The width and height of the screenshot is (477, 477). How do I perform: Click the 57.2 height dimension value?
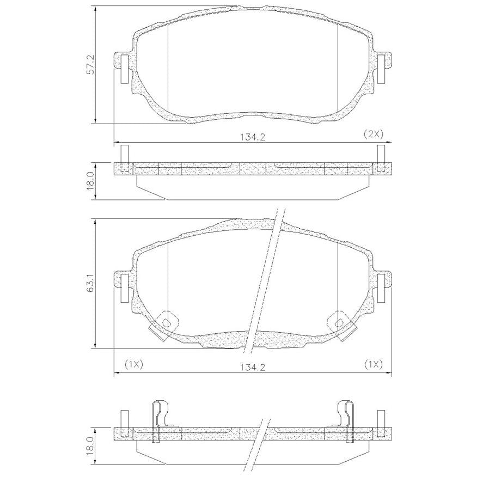(x=91, y=65)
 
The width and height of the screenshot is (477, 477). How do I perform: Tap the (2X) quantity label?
(x=374, y=134)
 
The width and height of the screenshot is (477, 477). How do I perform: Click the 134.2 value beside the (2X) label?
(x=253, y=137)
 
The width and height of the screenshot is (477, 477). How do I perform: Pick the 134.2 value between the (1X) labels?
(x=253, y=368)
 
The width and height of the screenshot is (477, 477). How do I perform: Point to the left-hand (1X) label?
(x=134, y=364)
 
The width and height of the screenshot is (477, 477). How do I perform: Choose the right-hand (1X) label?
(x=374, y=364)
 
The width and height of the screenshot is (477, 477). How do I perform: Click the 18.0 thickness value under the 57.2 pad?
(x=91, y=182)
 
